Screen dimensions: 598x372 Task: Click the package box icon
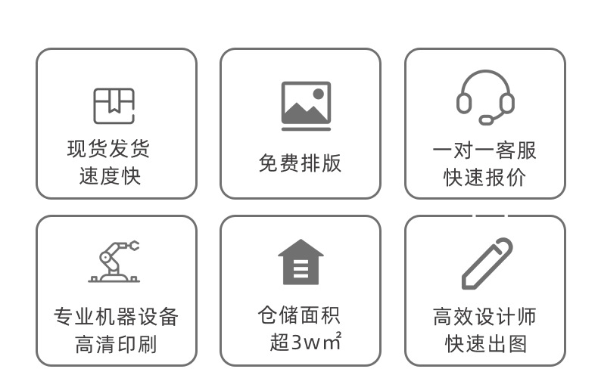114,106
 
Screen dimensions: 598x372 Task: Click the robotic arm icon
114,262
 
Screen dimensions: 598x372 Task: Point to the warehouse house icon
301,262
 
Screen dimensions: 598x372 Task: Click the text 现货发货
109,148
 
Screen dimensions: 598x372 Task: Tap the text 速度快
111,176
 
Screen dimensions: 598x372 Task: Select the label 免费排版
300,163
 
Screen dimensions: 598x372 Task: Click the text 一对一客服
484,150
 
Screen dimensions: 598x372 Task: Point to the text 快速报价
484,178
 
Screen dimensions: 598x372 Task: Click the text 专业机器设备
116,316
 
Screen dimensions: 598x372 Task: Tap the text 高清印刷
116,344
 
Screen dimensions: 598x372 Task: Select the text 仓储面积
299,315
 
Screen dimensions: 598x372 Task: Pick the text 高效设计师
484,316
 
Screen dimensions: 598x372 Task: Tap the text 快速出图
484,344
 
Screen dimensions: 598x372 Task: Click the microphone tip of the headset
485,119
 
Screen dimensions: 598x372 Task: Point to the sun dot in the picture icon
319,94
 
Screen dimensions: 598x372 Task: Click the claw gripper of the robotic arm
134,245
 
